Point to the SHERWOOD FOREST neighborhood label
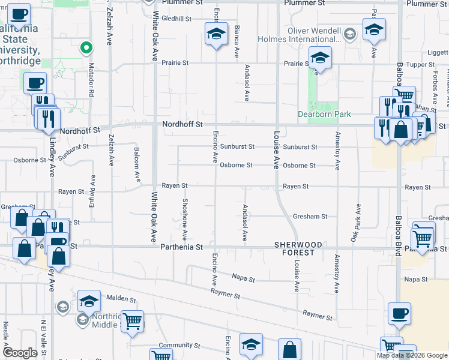(298, 249)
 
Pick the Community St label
(179, 346)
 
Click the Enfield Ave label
(92, 190)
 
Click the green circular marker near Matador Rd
(86, 47)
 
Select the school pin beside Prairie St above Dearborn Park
(321, 58)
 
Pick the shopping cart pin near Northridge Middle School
(132, 321)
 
